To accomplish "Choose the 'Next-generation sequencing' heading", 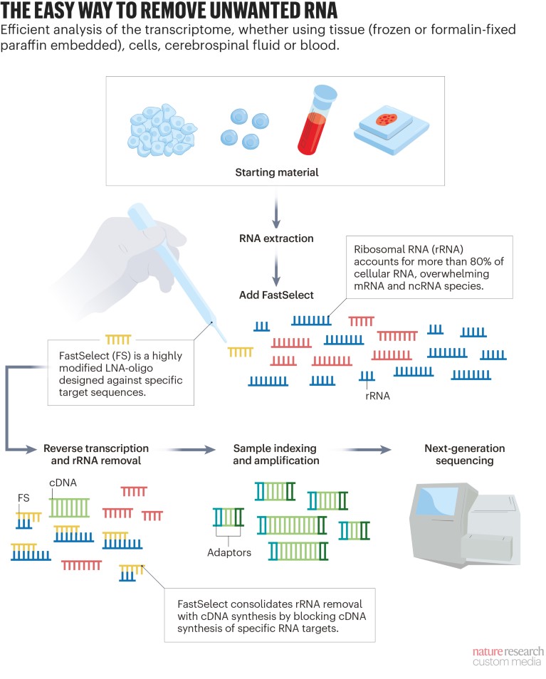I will [x=464, y=454].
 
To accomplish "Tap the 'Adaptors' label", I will [x=229, y=552].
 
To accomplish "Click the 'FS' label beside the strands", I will [x=23, y=498].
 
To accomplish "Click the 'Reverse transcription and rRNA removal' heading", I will [x=96, y=454].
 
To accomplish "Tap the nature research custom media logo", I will [x=508, y=656].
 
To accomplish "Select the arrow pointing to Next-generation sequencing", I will [x=367, y=449].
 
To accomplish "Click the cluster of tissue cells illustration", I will [x=164, y=129].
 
